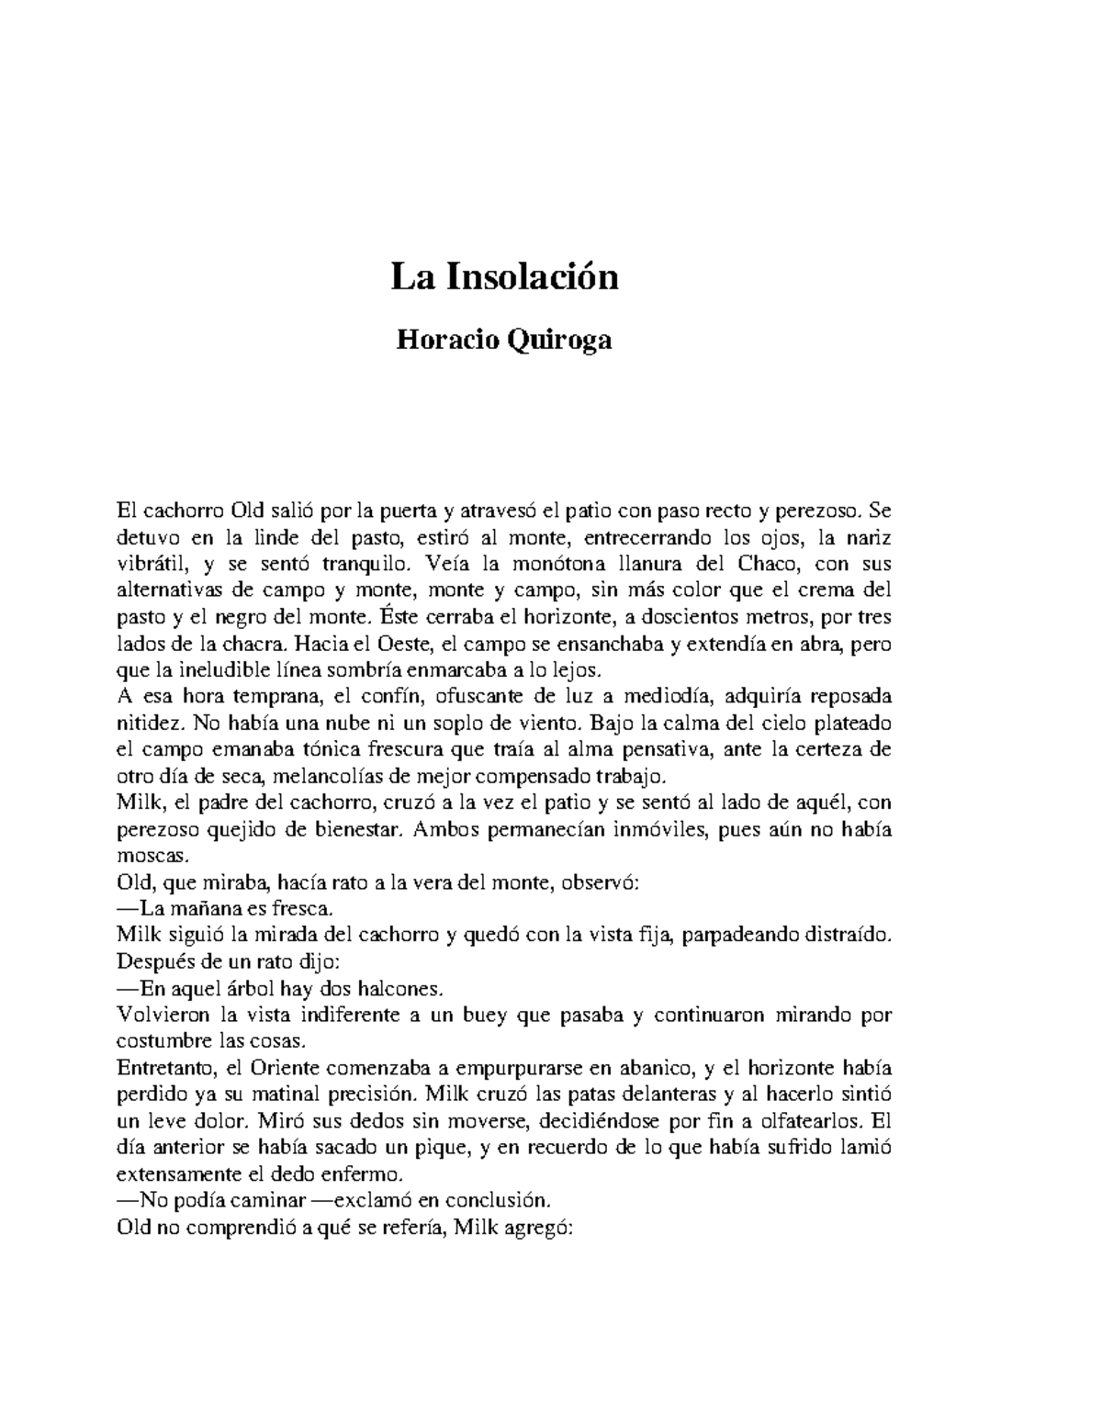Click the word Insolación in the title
[x=533, y=276]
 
